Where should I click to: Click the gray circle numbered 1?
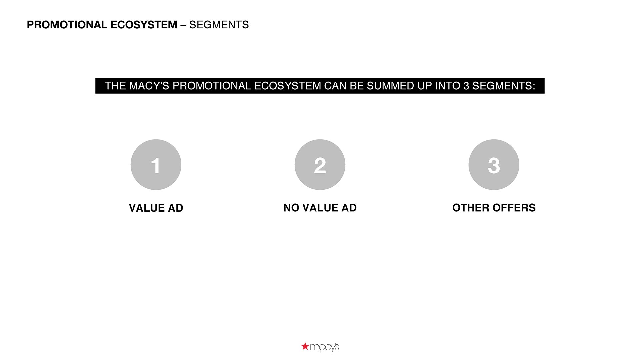click(x=156, y=165)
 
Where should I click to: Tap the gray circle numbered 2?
click(x=320, y=165)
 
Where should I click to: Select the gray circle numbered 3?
click(x=494, y=165)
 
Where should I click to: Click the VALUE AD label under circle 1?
click(x=156, y=208)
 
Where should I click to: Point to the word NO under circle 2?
click(x=291, y=208)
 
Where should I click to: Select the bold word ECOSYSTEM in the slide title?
click(x=144, y=25)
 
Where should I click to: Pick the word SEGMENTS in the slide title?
click(x=219, y=25)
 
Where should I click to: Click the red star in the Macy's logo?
click(x=305, y=346)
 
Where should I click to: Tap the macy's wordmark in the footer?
click(x=324, y=347)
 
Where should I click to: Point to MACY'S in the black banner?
click(x=149, y=86)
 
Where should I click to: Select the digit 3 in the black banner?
click(x=466, y=86)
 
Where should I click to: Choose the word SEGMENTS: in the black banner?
click(x=504, y=86)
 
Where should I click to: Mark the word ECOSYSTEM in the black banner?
click(x=288, y=86)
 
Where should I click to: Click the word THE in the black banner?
click(x=115, y=86)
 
